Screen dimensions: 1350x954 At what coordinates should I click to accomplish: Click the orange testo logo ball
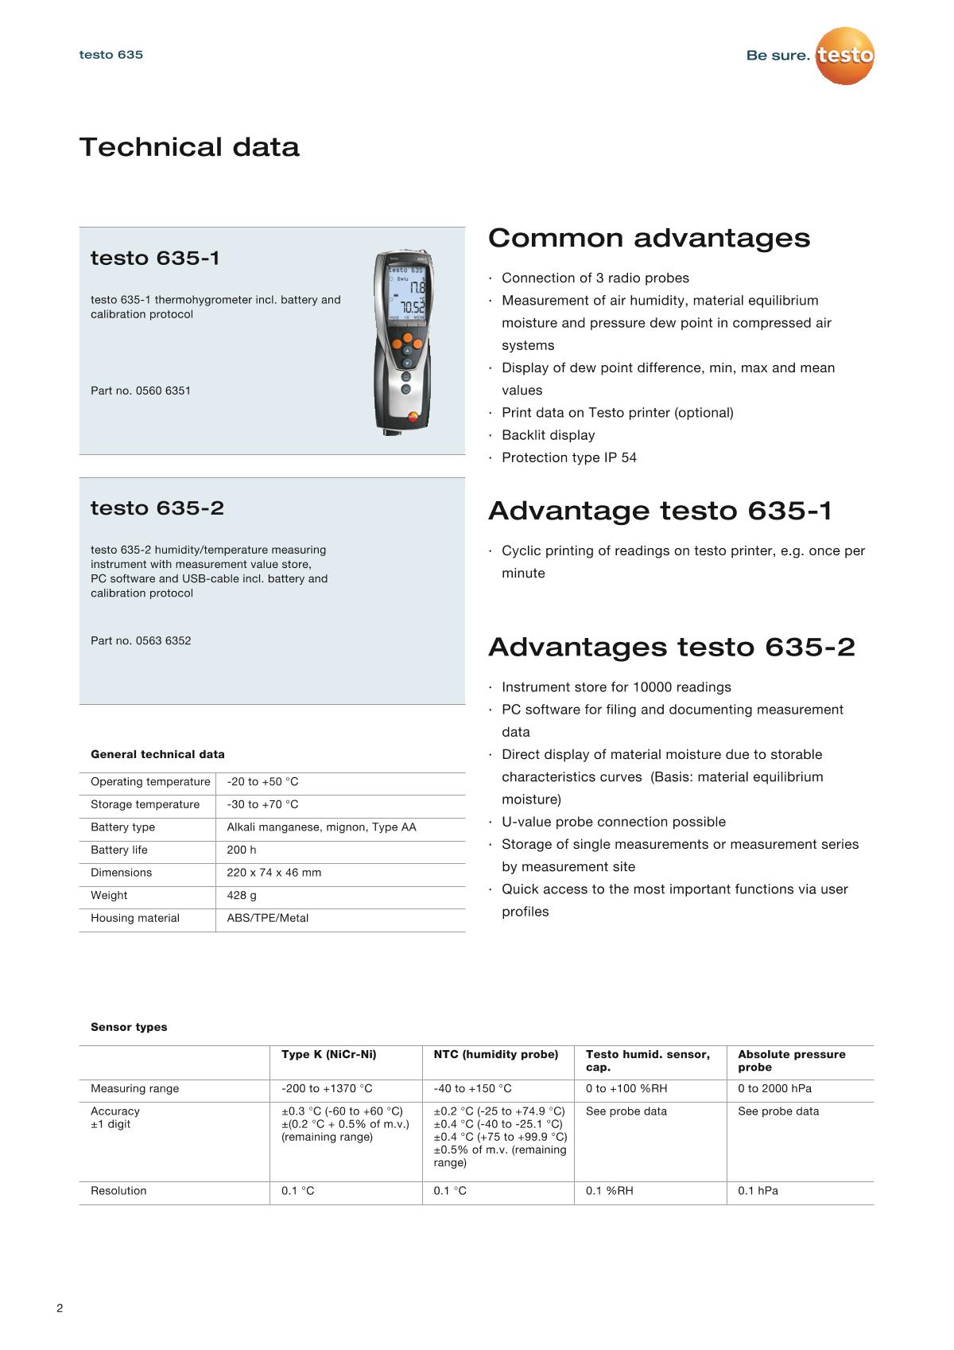pos(844,56)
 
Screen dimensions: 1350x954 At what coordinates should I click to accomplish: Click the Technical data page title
pos(189,147)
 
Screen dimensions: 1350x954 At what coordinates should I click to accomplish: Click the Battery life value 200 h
pos(242,850)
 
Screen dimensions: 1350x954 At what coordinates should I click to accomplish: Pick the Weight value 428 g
pos(242,895)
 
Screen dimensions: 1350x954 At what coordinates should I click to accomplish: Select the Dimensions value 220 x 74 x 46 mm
pos(274,873)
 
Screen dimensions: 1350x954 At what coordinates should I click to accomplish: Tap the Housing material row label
pos(135,918)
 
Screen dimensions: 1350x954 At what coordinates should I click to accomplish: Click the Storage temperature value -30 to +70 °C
pos(262,804)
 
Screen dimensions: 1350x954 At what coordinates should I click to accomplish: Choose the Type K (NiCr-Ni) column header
pos(329,1055)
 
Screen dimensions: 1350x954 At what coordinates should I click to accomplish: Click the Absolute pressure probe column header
pos(791,1060)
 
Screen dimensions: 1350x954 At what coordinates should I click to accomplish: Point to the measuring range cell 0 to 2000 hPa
pos(774,1088)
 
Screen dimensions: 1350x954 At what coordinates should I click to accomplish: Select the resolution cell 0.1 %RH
pos(610,1191)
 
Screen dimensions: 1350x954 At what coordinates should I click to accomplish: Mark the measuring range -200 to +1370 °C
pos(327,1088)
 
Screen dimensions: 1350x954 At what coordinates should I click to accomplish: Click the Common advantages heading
pos(649,238)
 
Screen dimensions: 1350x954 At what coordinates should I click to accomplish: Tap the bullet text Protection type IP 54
pos(568,457)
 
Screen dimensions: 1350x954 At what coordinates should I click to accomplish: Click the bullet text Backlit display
pos(548,435)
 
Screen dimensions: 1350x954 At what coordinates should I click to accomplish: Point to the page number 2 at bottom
pos(60,1309)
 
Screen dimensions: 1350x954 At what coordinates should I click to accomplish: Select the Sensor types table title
pos(129,1027)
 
